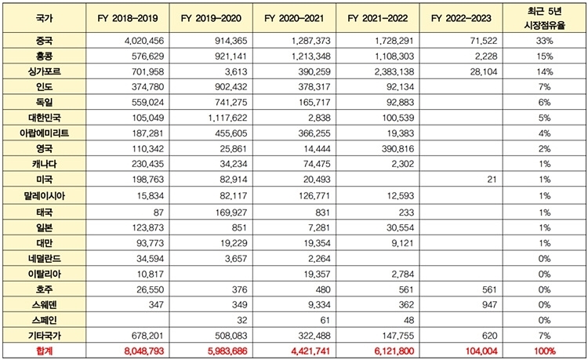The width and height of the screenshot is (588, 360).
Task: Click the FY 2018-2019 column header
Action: click(x=128, y=18)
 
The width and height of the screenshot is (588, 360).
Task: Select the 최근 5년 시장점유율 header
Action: click(x=545, y=18)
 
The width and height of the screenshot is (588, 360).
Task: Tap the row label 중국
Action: click(x=44, y=41)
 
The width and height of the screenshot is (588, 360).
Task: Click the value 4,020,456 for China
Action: click(x=144, y=41)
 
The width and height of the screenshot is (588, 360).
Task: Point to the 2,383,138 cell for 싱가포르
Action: click(x=394, y=71)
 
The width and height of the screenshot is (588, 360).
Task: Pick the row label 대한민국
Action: click(x=44, y=118)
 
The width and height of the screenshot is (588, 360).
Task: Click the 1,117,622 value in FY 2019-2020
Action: click(x=227, y=118)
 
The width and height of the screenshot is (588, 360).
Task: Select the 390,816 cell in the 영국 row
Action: click(x=397, y=149)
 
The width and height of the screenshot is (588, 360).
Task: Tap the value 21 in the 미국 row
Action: click(x=492, y=180)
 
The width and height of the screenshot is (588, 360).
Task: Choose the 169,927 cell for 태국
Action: click(x=231, y=213)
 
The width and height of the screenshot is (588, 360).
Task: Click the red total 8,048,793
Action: click(x=144, y=351)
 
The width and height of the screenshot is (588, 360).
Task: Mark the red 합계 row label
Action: click(x=44, y=351)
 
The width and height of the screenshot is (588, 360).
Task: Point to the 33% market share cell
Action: click(x=545, y=41)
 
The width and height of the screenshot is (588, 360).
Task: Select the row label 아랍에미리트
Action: click(x=44, y=133)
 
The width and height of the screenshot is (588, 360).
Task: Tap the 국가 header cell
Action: click(x=44, y=18)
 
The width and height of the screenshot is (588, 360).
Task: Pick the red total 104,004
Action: click(x=481, y=351)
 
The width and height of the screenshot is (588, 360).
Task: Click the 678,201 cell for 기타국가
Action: click(x=147, y=336)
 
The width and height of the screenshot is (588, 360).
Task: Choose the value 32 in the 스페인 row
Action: click(x=242, y=320)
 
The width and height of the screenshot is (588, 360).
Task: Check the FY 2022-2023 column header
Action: click(x=461, y=18)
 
